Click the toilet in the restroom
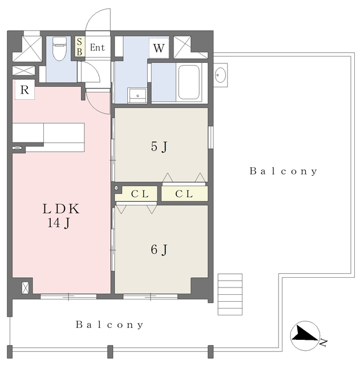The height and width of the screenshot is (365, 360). point(59,48)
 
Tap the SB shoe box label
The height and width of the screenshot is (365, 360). point(79,47)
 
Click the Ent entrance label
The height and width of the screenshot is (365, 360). point(98,47)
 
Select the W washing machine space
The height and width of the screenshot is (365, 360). point(159,48)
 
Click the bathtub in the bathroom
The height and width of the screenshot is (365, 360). point(189,82)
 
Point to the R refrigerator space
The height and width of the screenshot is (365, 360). point(25,90)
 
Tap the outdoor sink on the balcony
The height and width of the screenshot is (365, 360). point(220,75)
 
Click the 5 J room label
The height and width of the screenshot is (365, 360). point(159,147)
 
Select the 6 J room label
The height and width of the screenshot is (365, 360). point(159,250)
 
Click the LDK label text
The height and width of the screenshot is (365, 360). point(61,209)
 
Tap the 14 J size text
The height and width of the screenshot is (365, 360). point(58,223)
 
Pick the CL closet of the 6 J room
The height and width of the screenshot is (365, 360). point(139,194)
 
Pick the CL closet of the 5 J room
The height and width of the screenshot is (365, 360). point(184,194)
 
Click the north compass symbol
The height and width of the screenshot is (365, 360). point(305,336)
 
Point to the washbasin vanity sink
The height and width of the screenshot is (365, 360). point(137,95)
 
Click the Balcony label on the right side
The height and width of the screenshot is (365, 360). point(284,171)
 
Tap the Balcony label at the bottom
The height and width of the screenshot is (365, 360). point(110,325)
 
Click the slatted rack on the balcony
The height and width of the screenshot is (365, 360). point(230,294)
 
